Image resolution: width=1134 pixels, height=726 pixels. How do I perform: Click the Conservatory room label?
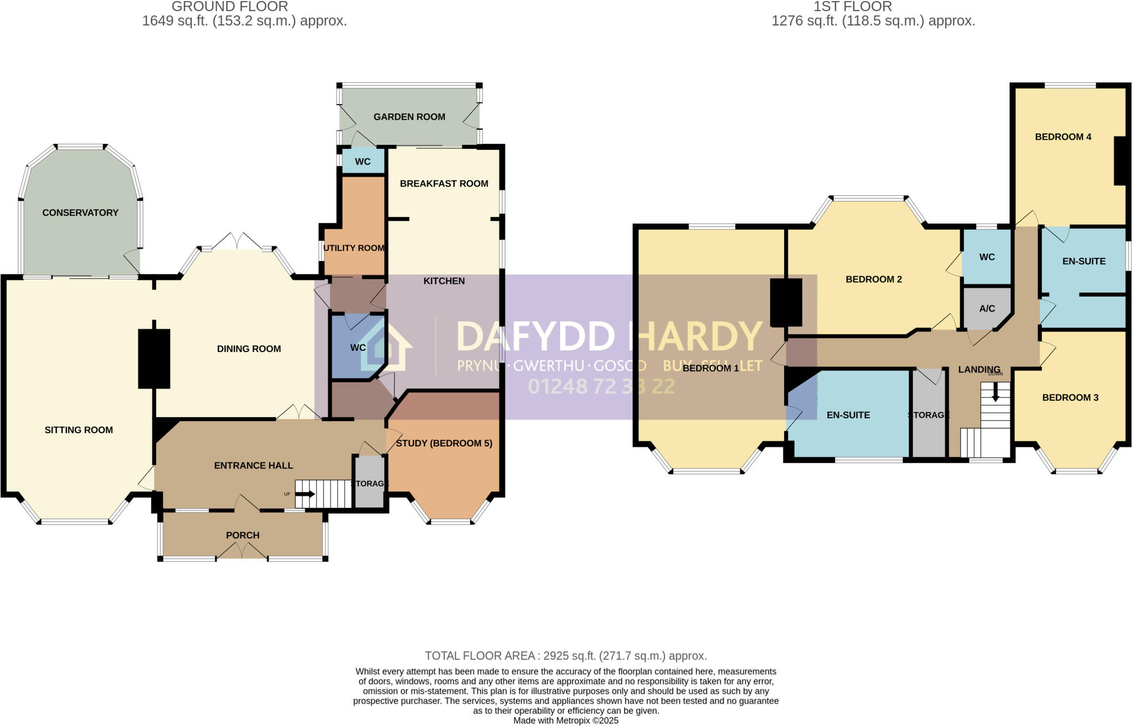tap(80, 212)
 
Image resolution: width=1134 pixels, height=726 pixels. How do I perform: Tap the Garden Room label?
tap(409, 117)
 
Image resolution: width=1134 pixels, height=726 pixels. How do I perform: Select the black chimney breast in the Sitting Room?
tap(154, 359)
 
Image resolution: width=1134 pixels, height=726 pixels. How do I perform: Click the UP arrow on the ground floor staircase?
tap(305, 494)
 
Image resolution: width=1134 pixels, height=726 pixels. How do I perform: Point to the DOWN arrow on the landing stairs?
tap(995, 392)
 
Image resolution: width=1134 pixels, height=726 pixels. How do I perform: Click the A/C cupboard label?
tap(987, 308)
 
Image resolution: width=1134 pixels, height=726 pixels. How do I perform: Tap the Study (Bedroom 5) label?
tap(444, 443)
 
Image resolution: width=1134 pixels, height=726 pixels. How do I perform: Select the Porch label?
tap(243, 535)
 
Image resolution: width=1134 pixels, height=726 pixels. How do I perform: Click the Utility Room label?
tap(354, 248)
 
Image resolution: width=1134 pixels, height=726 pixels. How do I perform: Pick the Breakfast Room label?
tap(444, 183)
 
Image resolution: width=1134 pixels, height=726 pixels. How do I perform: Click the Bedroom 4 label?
tap(1063, 137)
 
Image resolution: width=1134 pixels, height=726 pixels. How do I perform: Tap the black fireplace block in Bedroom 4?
tap(1120, 160)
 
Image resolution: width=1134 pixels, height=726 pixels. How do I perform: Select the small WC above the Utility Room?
tap(363, 162)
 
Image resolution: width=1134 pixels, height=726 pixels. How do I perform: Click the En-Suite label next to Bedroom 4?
tap(1084, 261)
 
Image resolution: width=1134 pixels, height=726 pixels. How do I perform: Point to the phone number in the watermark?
tap(601, 386)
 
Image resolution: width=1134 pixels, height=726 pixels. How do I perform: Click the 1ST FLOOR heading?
tap(852, 7)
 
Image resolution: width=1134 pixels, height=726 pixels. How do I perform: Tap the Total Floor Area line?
tap(566, 656)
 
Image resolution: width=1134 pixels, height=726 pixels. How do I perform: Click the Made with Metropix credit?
tap(566, 720)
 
